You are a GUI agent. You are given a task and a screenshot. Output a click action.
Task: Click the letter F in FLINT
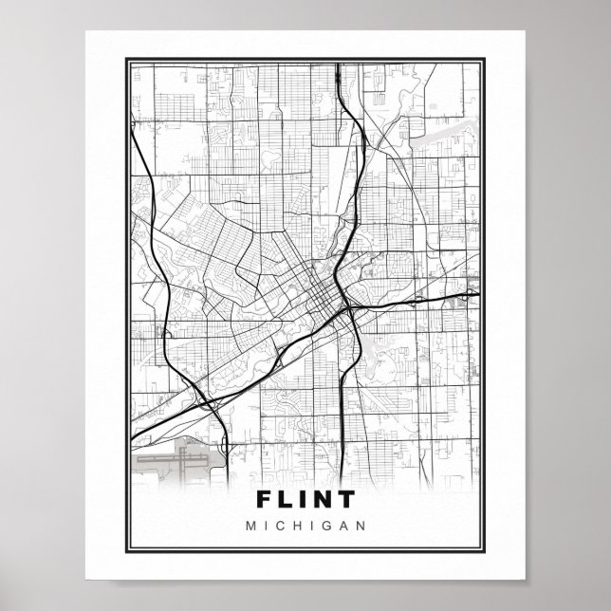tap(265, 499)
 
